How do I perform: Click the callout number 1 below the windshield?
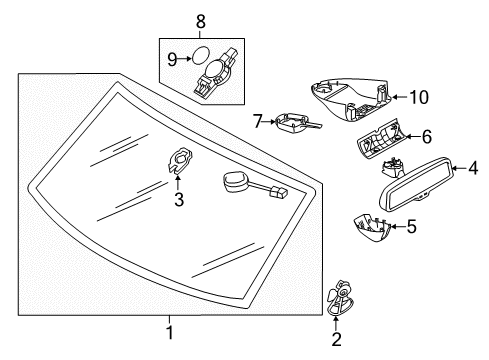(170, 333)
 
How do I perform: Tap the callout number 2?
(336, 339)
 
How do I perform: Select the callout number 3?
(179, 199)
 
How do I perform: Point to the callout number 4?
(473, 168)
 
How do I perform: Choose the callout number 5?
(412, 226)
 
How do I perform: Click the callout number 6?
(427, 137)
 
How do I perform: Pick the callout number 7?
(258, 121)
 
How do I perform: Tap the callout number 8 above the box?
(200, 22)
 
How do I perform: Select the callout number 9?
(172, 60)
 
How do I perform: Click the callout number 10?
(419, 97)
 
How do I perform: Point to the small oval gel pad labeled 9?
(201, 55)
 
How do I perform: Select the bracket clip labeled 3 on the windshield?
(180, 160)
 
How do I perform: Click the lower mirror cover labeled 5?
(372, 227)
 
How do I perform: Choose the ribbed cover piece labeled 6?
(380, 138)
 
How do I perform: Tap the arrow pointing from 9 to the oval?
(185, 59)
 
